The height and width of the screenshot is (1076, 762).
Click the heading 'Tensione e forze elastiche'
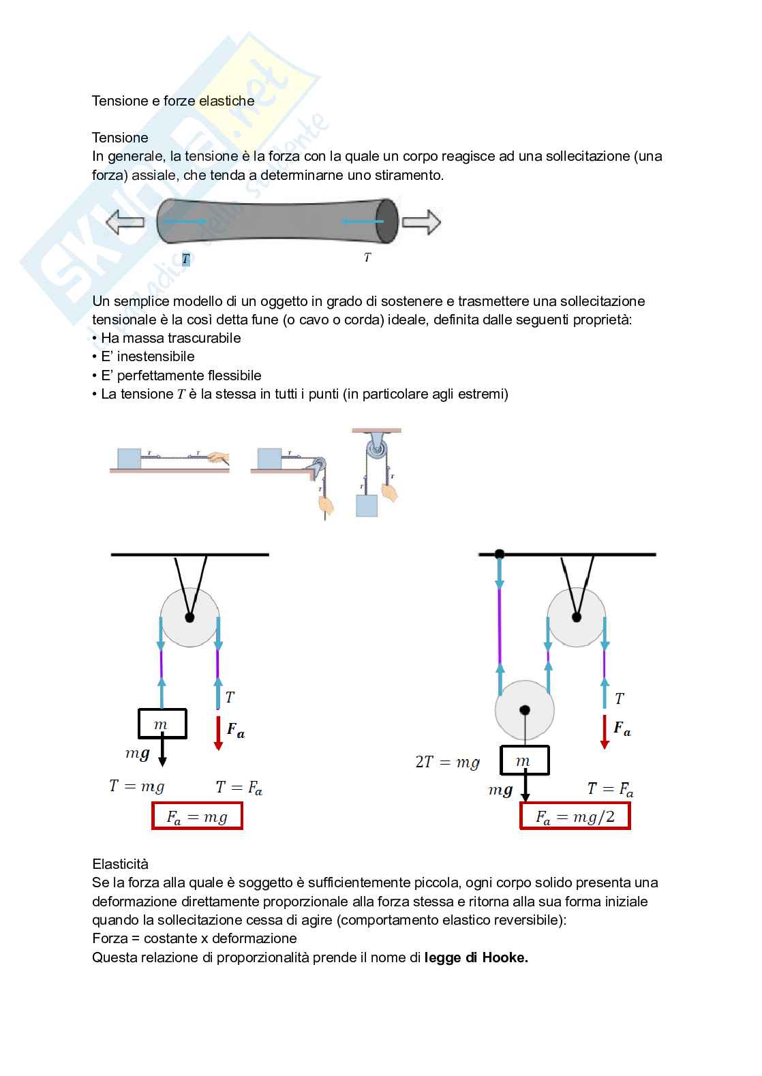point(173,101)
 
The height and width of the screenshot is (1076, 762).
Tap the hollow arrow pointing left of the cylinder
point(125,222)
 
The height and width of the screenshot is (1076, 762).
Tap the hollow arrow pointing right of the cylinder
point(421,222)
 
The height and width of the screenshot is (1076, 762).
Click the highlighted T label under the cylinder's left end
point(185,259)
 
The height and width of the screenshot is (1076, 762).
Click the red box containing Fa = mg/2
point(575,816)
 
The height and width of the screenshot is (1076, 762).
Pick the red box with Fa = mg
point(197,816)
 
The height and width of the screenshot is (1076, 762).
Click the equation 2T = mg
point(447,763)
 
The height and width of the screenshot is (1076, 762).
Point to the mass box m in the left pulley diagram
point(162,724)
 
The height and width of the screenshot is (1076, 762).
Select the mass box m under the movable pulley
point(524,760)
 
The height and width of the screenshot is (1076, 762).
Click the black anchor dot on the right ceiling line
point(500,554)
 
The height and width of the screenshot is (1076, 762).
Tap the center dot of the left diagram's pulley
point(189,617)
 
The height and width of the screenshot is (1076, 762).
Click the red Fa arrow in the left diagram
point(218,733)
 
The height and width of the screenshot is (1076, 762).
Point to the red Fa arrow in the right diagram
point(605,731)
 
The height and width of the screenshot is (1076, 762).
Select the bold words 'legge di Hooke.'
point(476,957)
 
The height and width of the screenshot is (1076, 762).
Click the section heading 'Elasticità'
point(120,864)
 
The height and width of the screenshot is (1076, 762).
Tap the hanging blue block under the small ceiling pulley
point(367,505)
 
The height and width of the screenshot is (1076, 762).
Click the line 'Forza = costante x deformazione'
point(194,938)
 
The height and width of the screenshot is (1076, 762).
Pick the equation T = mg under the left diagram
point(137,786)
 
